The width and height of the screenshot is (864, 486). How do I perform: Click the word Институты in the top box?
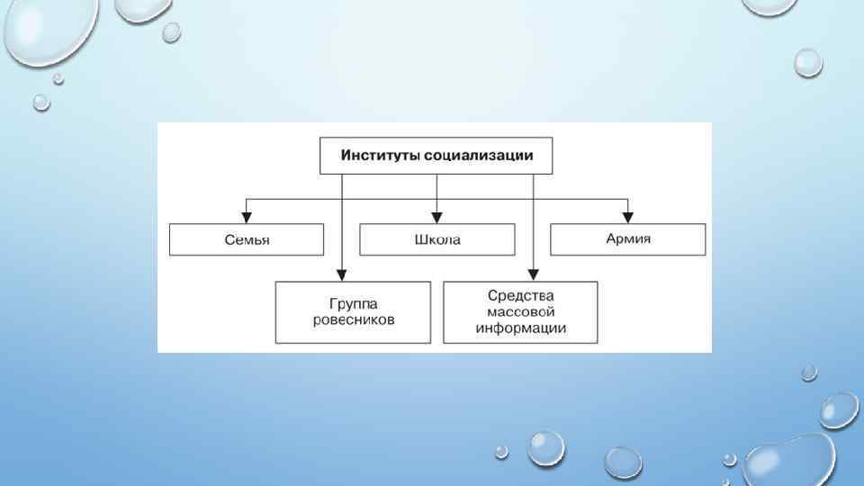[x=376, y=156]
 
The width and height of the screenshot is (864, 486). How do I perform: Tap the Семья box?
[x=246, y=240]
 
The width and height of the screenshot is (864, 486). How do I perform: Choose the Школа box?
[x=437, y=240]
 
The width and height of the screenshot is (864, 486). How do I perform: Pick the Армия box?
[x=628, y=240]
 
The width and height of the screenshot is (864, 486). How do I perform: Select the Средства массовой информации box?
[x=520, y=312]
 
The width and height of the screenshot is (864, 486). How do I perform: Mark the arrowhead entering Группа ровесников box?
[x=342, y=275]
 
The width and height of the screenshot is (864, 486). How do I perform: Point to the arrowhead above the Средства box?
[x=534, y=275]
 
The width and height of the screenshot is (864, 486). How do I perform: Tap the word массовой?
[x=520, y=312]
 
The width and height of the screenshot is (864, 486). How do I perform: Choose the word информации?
[x=520, y=328]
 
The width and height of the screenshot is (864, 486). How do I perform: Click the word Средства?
[x=520, y=296]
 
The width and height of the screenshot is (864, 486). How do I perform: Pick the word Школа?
[x=437, y=240]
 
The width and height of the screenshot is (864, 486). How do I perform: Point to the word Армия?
[x=628, y=240]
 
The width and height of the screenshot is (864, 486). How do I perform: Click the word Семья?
[x=246, y=240]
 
